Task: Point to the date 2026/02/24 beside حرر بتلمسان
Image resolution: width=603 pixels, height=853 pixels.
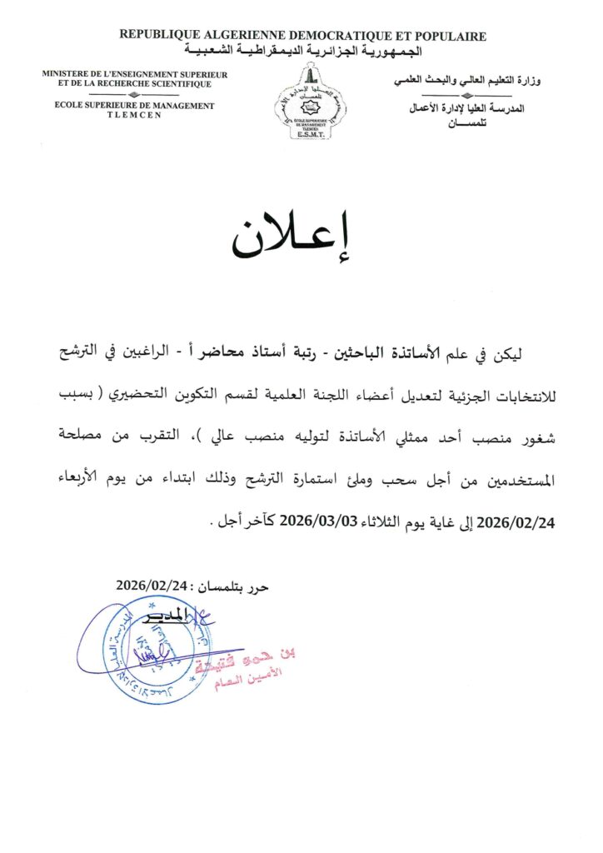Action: [153, 586]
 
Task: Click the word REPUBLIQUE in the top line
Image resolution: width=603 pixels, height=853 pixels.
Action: [158, 36]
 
